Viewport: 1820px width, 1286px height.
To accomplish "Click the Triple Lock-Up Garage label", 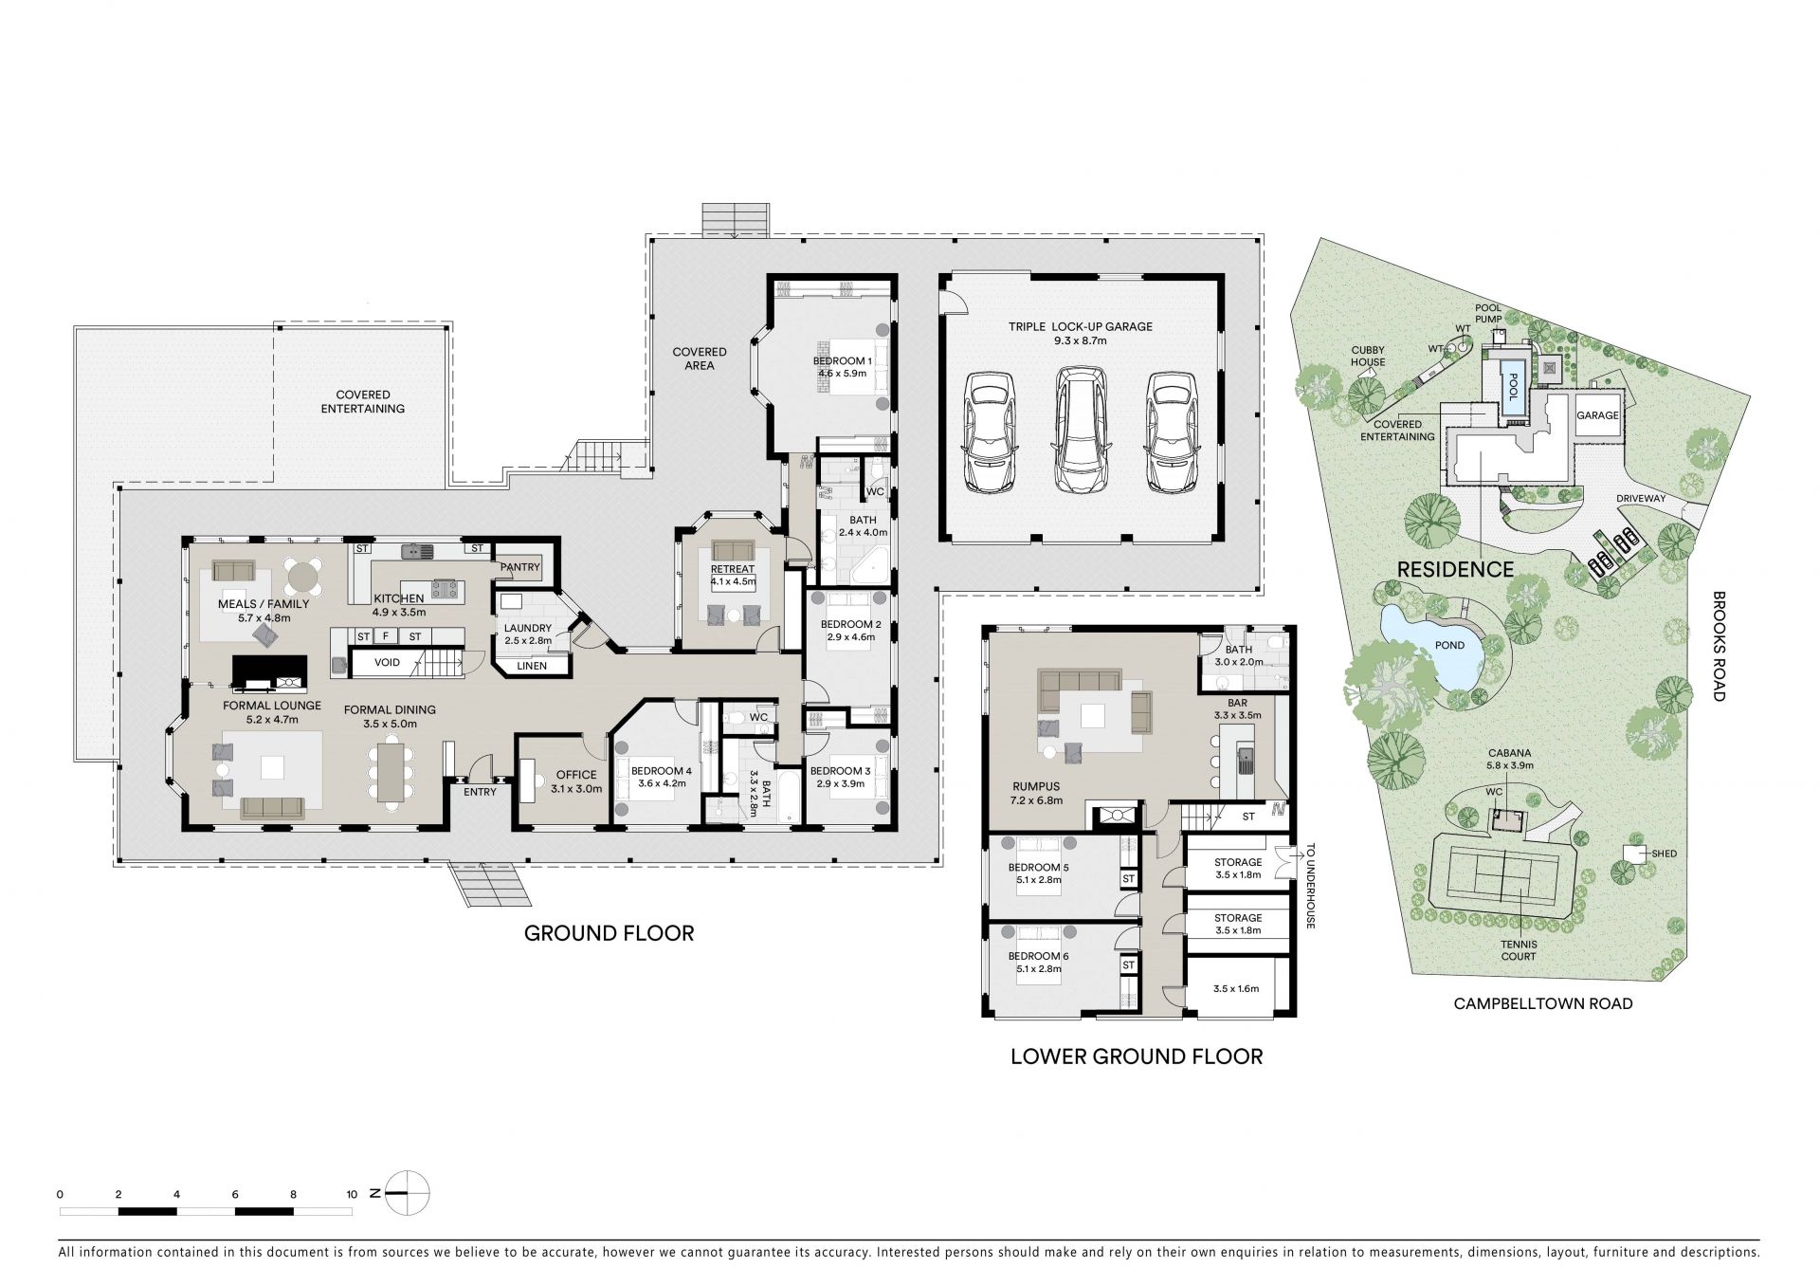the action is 1080,326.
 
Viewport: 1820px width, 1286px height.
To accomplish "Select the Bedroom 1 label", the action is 841,361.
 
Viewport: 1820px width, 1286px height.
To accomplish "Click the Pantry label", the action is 519,567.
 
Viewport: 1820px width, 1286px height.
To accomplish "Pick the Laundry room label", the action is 528,628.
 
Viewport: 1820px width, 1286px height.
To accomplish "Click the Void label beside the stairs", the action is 387,662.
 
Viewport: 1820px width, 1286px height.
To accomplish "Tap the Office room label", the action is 576,775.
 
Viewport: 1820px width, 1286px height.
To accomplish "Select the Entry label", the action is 480,792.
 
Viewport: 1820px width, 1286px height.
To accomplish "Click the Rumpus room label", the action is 1035,787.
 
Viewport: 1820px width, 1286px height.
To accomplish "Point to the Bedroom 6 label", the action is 1038,956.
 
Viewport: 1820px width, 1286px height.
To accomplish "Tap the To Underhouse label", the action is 1311,886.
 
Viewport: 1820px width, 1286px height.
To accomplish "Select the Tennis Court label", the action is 1519,950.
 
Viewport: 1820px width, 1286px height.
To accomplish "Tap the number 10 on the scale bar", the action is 352,1194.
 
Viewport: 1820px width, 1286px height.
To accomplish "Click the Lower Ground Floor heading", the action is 1137,1056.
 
